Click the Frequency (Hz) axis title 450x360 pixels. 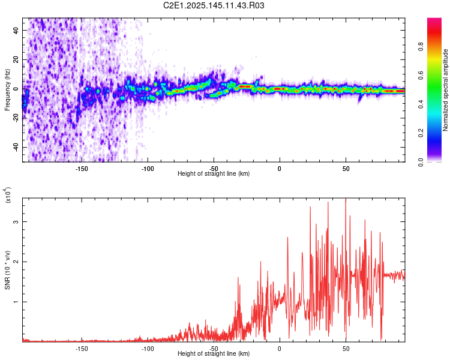click(7, 89)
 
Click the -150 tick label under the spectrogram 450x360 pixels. click(82, 168)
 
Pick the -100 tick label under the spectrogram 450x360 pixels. click(148, 168)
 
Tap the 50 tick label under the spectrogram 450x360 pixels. click(346, 168)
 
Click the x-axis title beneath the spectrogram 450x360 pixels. click(214, 174)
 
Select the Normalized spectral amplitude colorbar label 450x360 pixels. click(446, 91)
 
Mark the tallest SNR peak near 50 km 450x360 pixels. click(346, 199)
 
